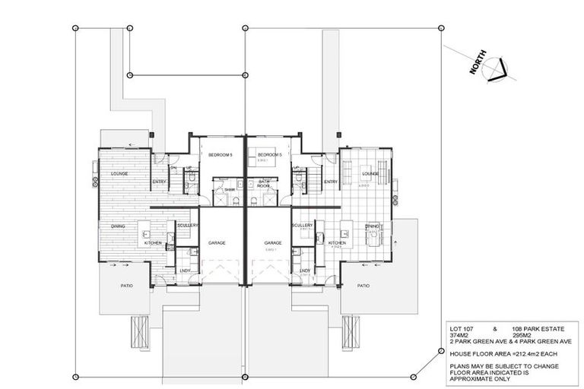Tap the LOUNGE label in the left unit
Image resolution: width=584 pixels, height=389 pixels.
pyautogui.click(x=119, y=174)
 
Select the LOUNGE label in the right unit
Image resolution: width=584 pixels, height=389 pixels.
pyautogui.click(x=370, y=173)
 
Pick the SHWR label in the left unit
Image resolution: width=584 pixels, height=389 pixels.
pyautogui.click(x=229, y=190)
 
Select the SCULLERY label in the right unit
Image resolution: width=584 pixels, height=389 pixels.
pyautogui.click(x=302, y=226)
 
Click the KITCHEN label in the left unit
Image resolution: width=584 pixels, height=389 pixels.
pyautogui.click(x=153, y=242)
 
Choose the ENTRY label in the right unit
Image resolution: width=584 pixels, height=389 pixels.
pyautogui.click(x=331, y=182)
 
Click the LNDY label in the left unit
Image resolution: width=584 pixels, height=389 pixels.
pyautogui.click(x=185, y=270)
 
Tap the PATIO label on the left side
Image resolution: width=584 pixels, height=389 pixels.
pyautogui.click(x=126, y=286)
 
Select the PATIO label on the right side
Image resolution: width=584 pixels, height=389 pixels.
pyautogui.click(x=363, y=286)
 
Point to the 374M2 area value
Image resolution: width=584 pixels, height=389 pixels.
pyautogui.click(x=460, y=336)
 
